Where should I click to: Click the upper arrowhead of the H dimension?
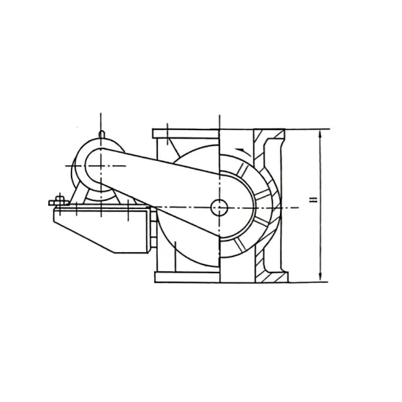point(321,132)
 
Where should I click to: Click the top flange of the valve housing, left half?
point(186,132)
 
